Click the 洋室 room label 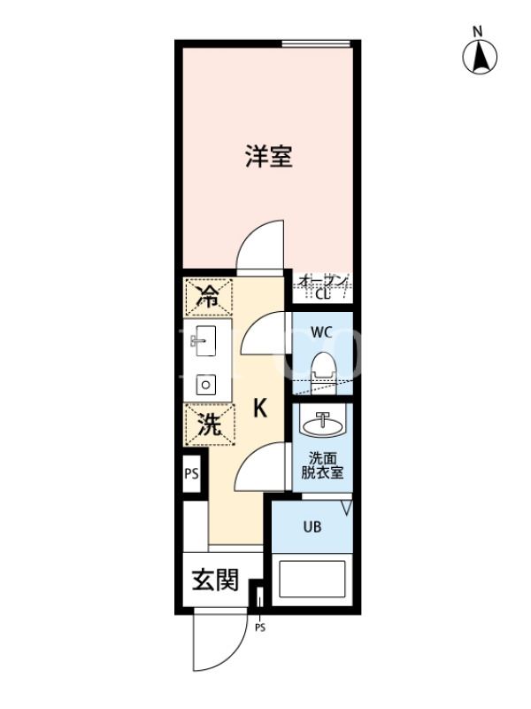coord(269,156)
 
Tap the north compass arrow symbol coord(480,57)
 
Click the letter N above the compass coord(478,32)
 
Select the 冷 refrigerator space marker coord(208,297)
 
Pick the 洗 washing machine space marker coord(210,425)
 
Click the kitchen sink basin coord(204,340)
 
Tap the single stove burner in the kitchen coord(205,385)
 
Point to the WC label coord(321,332)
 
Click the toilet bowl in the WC coord(324,369)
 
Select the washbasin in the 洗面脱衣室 coord(323,424)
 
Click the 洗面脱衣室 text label coord(322,466)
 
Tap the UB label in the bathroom coord(312,526)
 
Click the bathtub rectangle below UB coord(312,580)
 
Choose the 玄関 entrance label coord(215,580)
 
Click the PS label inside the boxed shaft coord(191,474)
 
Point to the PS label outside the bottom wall coord(260,627)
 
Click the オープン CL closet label coord(323,287)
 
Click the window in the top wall coord(316,43)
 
